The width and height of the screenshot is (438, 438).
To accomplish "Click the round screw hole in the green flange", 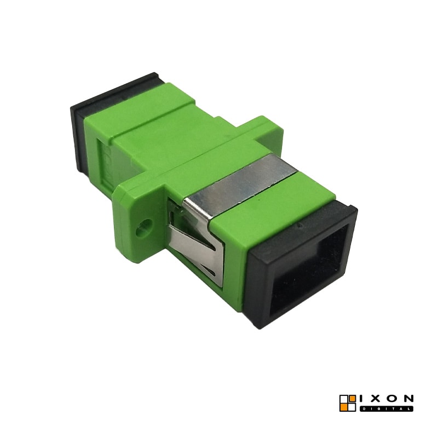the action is click(144, 227).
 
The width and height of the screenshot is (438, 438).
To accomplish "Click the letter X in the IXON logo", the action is click(376, 399).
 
